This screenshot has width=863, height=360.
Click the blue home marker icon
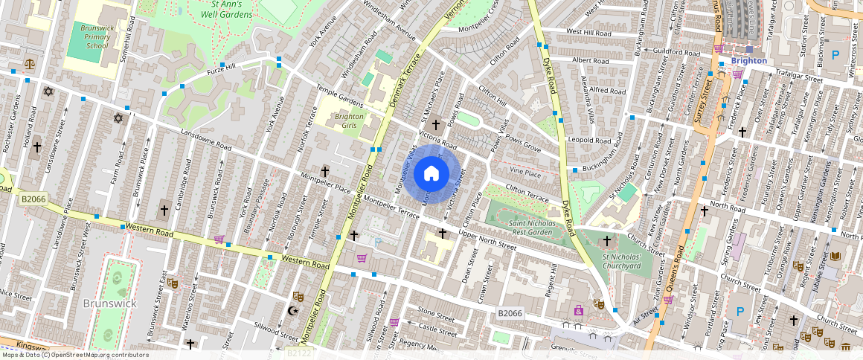(x=431, y=174)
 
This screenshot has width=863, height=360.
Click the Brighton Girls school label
(x=349, y=121)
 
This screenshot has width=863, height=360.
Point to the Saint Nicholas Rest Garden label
(x=530, y=227)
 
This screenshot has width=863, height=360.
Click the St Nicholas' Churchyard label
(x=621, y=261)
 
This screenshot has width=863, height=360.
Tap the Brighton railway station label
(x=748, y=60)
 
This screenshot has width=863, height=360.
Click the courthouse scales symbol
(x=30, y=65)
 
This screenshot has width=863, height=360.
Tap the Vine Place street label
(x=525, y=173)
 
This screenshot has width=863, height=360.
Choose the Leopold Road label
(x=588, y=140)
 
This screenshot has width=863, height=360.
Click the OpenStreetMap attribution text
(x=74, y=355)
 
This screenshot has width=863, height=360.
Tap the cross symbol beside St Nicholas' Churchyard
(x=606, y=241)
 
